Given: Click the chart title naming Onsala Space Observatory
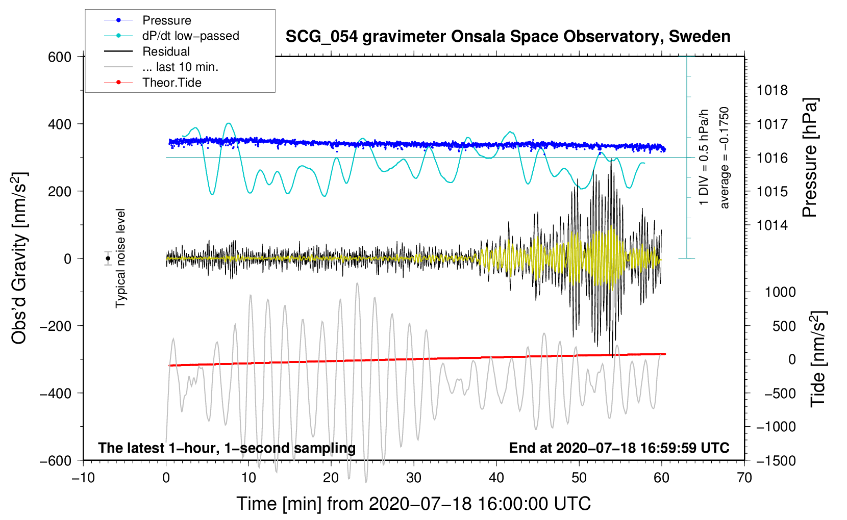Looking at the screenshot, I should pos(508,37).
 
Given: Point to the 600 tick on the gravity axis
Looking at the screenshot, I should pos(60,57).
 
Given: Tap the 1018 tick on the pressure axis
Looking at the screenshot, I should pos(772,91).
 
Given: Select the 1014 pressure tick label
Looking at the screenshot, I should pos(772,225).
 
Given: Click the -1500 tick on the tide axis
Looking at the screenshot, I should pos(776,461).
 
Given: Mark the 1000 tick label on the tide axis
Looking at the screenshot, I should pos(780,292).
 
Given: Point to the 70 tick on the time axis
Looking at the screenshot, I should pos(744,478).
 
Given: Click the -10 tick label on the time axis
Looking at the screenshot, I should pos(83,478).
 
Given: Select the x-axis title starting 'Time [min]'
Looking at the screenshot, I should pos(413,504).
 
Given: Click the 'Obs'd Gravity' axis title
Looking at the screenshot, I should pos(19,258).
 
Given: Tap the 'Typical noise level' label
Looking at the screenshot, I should pos(120,258).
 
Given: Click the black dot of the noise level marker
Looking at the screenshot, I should pos(108,258).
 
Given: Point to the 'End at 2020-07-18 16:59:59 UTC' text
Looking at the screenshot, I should pos(619,448).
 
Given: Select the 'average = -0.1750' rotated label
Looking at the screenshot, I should pos(725,158).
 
